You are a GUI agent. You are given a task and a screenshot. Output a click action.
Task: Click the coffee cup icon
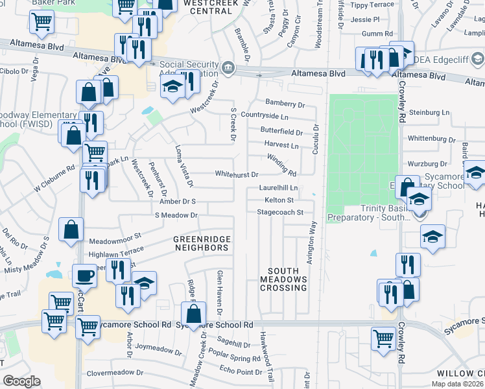pos(84,276)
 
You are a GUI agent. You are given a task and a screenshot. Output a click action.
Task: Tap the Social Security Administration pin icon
pos(228,68)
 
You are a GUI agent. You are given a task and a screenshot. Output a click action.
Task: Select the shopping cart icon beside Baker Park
pos(41,21)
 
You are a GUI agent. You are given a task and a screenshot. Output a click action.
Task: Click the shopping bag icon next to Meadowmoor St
pos(71,229)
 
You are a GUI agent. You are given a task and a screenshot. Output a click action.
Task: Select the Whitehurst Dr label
pos(237,174)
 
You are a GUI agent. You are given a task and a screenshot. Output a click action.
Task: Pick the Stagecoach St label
pos(280,212)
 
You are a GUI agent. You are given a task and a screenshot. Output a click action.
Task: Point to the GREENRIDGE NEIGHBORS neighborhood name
pos(202,243)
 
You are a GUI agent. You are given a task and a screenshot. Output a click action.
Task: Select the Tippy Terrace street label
pos(372,5)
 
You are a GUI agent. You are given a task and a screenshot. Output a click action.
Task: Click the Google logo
pos(22,381)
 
